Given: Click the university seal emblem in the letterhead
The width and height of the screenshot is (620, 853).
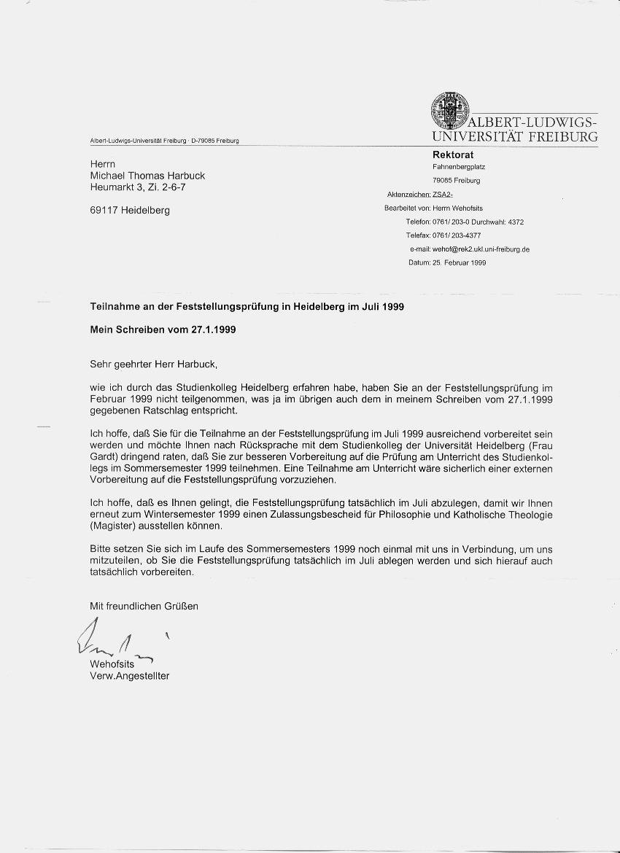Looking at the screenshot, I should pyautogui.click(x=448, y=109).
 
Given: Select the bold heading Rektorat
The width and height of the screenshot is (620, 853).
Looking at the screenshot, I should pyautogui.click(x=453, y=155).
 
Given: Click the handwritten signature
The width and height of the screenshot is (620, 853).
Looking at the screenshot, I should pyautogui.click(x=109, y=642).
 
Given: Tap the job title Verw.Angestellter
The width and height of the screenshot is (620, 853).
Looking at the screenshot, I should pyautogui.click(x=129, y=676).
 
